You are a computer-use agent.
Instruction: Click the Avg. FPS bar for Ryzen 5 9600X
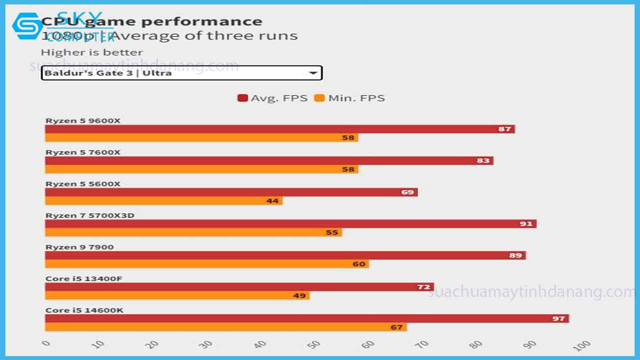[x=280, y=129]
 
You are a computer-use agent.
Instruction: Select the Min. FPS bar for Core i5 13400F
[x=177, y=295]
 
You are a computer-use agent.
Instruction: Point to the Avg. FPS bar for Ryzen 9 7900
[x=285, y=255]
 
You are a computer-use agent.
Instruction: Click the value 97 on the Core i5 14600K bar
[x=558, y=318]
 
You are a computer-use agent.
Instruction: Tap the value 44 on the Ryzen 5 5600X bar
[x=272, y=200]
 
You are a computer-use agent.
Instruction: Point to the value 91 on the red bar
[x=526, y=223]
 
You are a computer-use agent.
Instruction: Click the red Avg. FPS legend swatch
[x=242, y=98]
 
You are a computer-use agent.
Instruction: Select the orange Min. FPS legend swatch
[x=319, y=98]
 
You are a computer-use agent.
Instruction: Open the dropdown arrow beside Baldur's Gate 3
[x=313, y=73]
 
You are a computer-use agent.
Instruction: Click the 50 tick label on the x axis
[x=314, y=344]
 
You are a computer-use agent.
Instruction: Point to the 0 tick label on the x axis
[x=46, y=343]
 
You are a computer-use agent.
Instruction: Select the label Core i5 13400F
[x=83, y=278]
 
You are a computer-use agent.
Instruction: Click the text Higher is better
[x=91, y=52]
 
